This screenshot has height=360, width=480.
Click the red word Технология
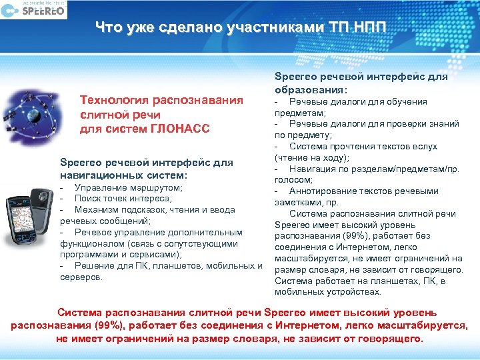(114, 101)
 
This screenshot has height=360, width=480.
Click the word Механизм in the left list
(96, 209)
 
